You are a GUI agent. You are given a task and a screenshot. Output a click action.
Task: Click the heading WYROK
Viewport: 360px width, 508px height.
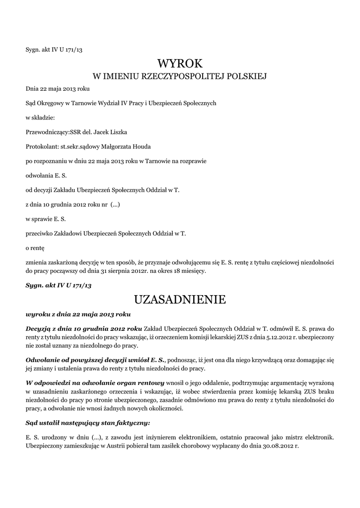(180, 63)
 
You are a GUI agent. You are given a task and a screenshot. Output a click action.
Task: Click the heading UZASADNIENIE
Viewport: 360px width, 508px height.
(180, 300)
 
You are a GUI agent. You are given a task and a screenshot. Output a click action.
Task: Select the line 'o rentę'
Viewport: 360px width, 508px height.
(35, 247)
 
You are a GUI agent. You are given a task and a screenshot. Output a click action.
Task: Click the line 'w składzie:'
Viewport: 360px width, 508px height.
(40, 118)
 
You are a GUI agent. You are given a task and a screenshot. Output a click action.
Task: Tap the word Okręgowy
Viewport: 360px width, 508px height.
(51, 104)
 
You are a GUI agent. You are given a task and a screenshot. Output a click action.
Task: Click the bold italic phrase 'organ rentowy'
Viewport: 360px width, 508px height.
(140, 383)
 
